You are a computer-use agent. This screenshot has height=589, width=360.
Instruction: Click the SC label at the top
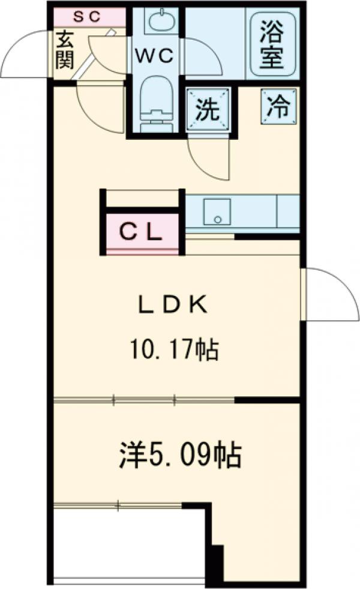88,16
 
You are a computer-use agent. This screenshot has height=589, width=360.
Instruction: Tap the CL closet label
142,232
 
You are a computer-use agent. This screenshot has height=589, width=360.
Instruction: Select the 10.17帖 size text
174,349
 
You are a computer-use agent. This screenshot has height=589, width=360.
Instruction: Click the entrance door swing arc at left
24,54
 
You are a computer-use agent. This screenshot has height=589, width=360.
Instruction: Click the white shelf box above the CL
142,198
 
